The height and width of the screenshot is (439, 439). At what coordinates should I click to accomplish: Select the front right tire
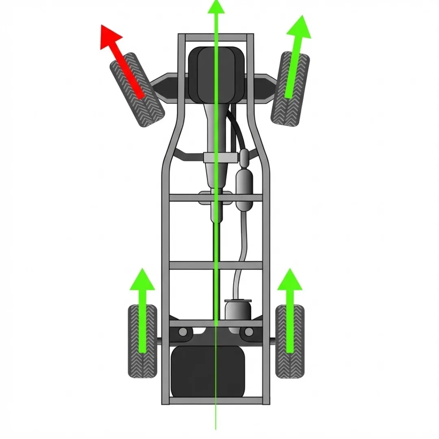click(290, 89)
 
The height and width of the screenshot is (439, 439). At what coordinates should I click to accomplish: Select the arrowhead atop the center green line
click(216, 6)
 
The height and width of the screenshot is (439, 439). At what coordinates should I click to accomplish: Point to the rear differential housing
click(238, 311)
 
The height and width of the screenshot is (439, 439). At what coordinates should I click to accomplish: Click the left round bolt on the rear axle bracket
click(183, 333)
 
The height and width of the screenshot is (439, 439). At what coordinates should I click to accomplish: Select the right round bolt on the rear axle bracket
click(248, 333)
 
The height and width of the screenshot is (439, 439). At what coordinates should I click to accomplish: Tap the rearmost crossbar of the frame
click(215, 400)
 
